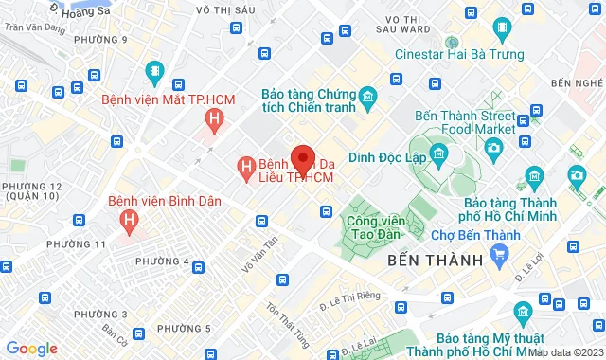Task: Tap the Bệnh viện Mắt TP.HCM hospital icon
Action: (x=215, y=119)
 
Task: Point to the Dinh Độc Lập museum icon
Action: (x=438, y=153)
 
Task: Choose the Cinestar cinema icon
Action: (x=453, y=43)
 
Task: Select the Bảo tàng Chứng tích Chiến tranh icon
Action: (x=368, y=96)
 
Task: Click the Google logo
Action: (x=31, y=348)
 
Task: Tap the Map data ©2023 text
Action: (x=564, y=351)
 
